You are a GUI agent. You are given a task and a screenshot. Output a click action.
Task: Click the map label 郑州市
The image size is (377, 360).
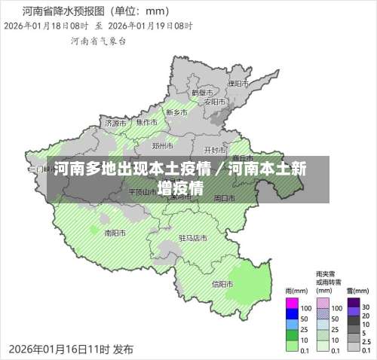click(163, 145)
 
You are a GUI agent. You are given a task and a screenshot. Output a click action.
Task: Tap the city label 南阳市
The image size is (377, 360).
click(115, 233)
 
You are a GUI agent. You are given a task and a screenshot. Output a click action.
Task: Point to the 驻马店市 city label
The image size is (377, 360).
click(192, 238)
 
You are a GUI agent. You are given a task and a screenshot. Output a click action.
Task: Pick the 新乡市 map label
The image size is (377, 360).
click(176, 113)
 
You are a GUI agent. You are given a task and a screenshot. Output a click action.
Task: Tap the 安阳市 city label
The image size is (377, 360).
click(214, 102)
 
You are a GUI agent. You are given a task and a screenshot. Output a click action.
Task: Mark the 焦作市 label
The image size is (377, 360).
click(147, 122)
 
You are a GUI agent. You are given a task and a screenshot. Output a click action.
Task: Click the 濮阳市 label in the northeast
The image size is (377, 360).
click(238, 83)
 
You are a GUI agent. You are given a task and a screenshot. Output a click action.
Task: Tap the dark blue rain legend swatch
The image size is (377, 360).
click(292, 318)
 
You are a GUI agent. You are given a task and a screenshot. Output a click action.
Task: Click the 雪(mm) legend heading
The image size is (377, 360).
click(357, 290)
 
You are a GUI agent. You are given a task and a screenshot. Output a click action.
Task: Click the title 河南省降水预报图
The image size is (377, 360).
click(65, 11)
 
